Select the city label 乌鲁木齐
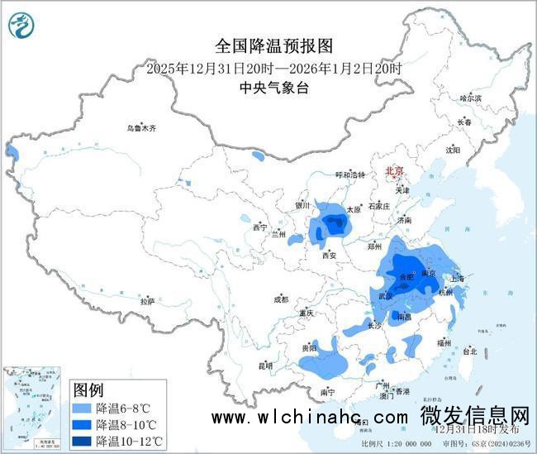(x=140, y=129)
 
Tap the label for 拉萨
(x=147, y=302)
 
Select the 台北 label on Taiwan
(x=469, y=351)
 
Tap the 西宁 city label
(x=260, y=227)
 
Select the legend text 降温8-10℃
(x=129, y=424)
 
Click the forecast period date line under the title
(x=273, y=68)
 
